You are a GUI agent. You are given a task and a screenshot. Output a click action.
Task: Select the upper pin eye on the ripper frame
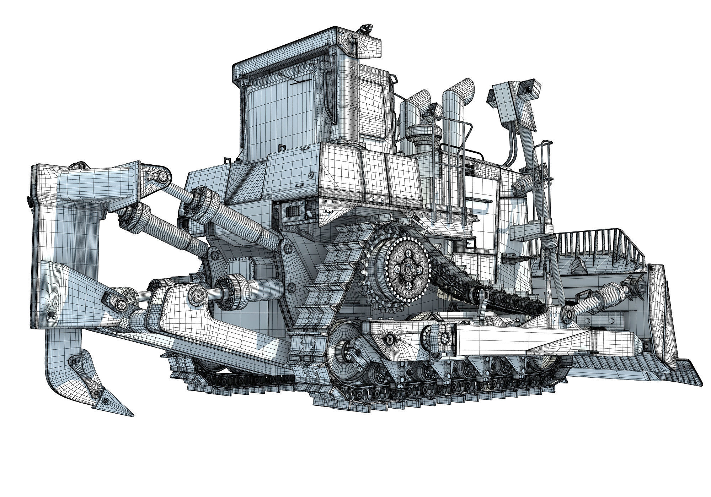(x=163, y=175)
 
